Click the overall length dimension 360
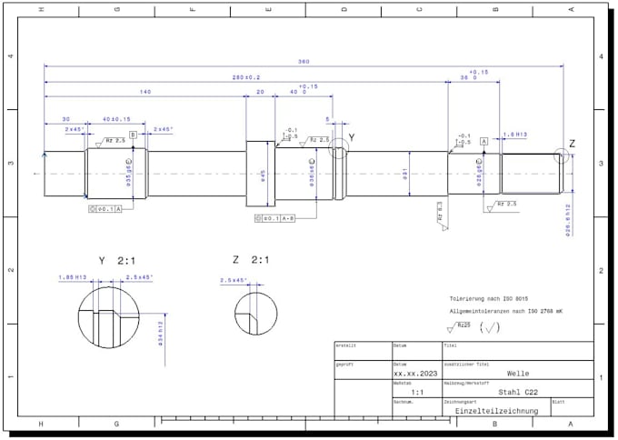(x=304, y=62)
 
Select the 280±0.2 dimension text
(x=246, y=77)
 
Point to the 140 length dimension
(x=145, y=93)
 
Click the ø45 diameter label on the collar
(x=263, y=173)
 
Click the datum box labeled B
(x=133, y=135)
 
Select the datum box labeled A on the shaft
(x=483, y=142)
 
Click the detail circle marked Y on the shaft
(x=339, y=148)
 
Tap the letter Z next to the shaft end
(x=572, y=144)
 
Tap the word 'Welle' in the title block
(x=517, y=373)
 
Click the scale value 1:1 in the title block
(x=417, y=392)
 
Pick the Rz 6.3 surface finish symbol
(x=440, y=215)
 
